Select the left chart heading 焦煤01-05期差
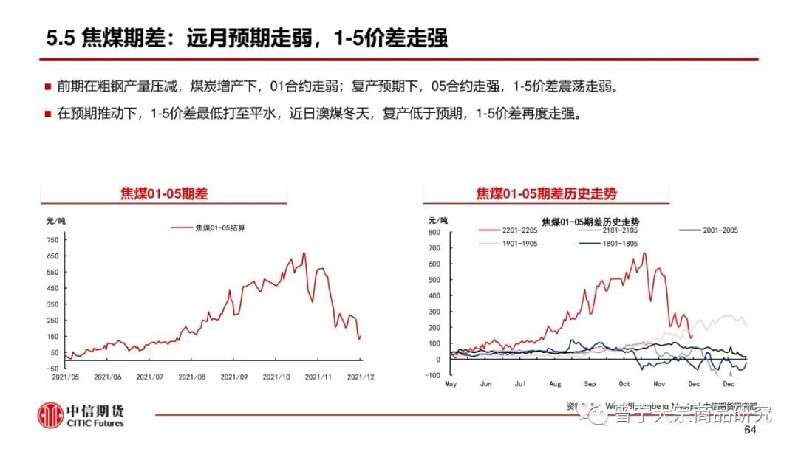click(x=164, y=194)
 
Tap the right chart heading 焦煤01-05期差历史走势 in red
click(x=546, y=194)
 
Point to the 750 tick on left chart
click(x=52, y=240)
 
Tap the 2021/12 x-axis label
click(x=361, y=377)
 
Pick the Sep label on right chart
click(x=590, y=385)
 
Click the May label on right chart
click(x=451, y=385)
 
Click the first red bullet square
click(x=47, y=87)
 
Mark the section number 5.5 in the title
click(x=59, y=39)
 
